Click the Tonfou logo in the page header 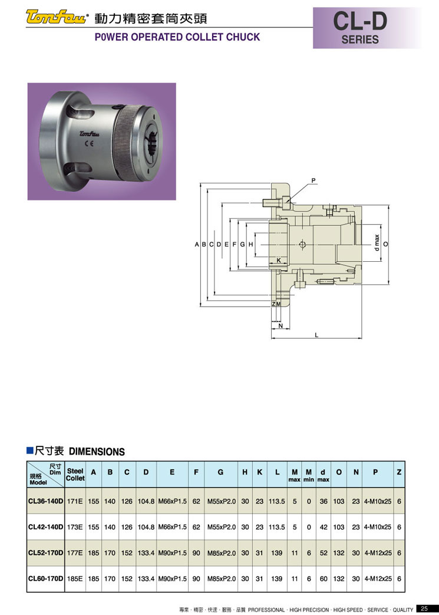[55, 17]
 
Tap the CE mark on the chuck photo [88, 142]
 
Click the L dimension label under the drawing [316, 334]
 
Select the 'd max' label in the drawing [377, 243]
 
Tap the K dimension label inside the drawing [279, 260]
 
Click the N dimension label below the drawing [280, 325]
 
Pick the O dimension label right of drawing [386, 244]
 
